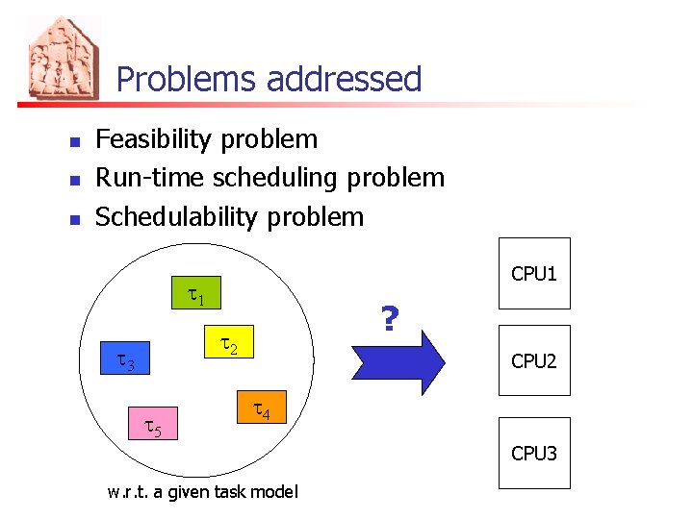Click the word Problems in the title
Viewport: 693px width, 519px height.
pyautogui.click(x=188, y=79)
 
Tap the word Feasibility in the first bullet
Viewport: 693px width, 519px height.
pyautogui.click(x=152, y=139)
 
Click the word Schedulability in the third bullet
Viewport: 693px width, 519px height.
pyautogui.click(x=177, y=216)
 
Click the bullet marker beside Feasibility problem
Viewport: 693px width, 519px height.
pyautogui.click(x=73, y=141)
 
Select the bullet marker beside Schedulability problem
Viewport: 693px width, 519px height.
pyautogui.click(x=73, y=218)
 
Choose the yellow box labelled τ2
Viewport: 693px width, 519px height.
pyautogui.click(x=231, y=343)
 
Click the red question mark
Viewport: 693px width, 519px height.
pyautogui.click(x=390, y=318)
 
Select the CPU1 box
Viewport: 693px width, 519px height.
pyautogui.click(x=534, y=273)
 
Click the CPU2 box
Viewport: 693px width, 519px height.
pyautogui.click(x=534, y=360)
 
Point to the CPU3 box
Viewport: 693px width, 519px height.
pyautogui.click(x=534, y=453)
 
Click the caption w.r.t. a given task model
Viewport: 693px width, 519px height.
pyautogui.click(x=203, y=492)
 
